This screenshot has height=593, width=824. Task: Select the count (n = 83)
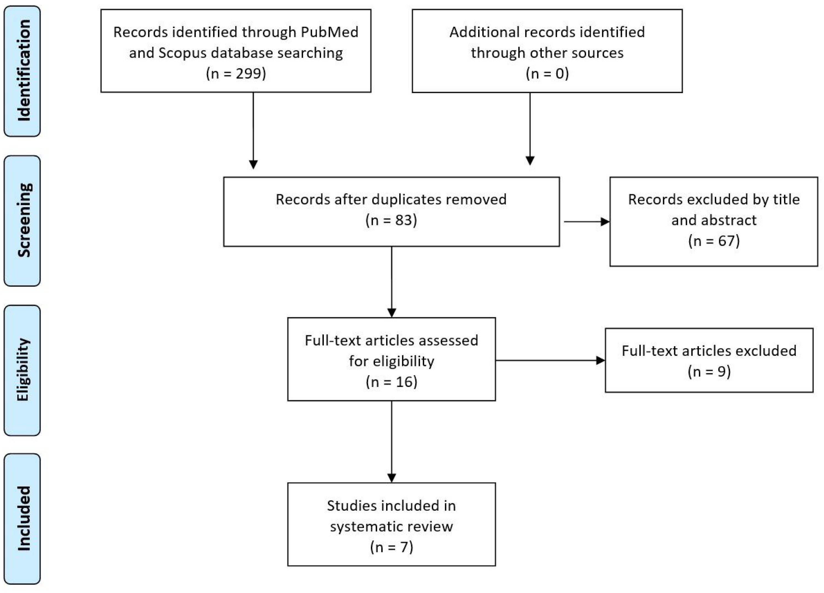pos(391,220)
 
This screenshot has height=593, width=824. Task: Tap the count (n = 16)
pos(391,382)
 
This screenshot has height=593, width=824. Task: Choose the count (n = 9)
pos(709,372)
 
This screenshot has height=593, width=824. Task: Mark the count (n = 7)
pos(391,547)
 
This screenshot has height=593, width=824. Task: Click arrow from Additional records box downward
pos(530,127)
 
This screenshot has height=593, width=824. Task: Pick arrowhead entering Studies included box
pos(391,478)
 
